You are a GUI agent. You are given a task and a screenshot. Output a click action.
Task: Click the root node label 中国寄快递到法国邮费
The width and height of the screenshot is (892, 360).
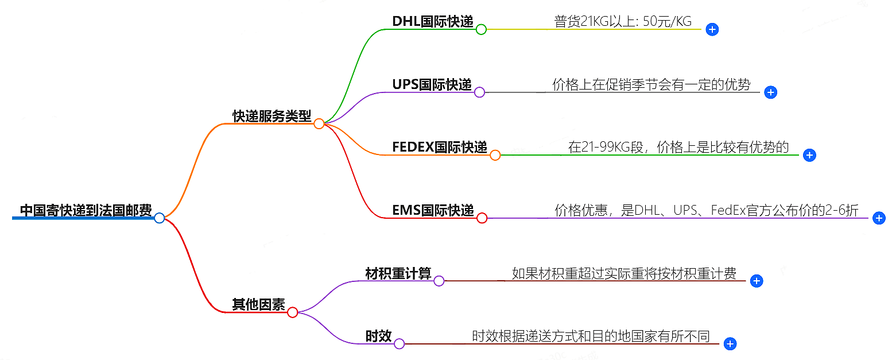pyautogui.click(x=86, y=211)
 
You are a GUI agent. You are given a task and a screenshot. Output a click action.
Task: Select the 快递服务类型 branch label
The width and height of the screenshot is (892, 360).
pyautogui.click(x=272, y=116)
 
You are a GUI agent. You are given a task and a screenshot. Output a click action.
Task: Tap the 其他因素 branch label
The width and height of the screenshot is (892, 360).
pyautogui.click(x=258, y=305)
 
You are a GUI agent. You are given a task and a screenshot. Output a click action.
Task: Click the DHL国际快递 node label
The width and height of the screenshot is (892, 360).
pyautogui.click(x=433, y=22)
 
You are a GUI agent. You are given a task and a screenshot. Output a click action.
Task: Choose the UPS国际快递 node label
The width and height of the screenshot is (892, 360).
pyautogui.click(x=432, y=85)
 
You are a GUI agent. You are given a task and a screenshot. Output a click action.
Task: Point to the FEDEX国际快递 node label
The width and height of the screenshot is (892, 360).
pyautogui.click(x=440, y=148)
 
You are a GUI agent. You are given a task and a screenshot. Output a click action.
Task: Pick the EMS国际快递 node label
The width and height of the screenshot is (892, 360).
pyautogui.click(x=433, y=211)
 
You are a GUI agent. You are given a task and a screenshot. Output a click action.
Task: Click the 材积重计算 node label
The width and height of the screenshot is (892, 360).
pyautogui.click(x=398, y=273)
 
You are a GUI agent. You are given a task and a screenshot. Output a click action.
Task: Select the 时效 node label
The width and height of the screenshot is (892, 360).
pyautogui.click(x=379, y=336)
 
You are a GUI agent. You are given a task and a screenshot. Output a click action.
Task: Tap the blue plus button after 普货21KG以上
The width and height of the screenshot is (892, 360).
pyautogui.click(x=712, y=29)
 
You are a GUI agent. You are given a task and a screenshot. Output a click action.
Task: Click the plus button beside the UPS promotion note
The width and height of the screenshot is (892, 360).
pyautogui.click(x=771, y=92)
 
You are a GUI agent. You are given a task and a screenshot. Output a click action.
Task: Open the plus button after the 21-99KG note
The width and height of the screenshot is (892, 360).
pyautogui.click(x=809, y=155)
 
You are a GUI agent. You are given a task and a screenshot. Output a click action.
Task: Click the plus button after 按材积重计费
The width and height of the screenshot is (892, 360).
pyautogui.click(x=757, y=281)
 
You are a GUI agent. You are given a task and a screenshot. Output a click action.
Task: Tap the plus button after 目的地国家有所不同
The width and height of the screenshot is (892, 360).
pyautogui.click(x=730, y=344)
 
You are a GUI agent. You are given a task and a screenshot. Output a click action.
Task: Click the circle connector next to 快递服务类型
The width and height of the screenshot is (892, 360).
pyautogui.click(x=319, y=123)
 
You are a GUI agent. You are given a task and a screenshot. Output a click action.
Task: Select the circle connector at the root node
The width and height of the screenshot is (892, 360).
pyautogui.click(x=160, y=218)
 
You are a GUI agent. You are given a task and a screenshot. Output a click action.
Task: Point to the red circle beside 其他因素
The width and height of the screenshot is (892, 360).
pyautogui.click(x=292, y=312)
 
